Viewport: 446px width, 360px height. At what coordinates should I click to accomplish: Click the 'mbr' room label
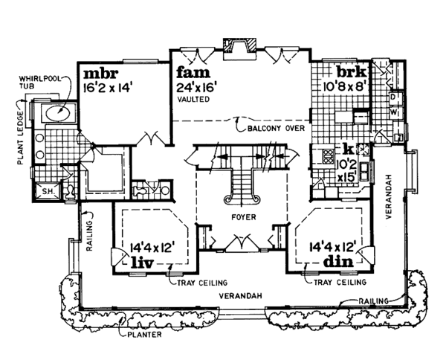point(99,74)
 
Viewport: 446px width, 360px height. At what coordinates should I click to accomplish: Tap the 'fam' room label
point(192,74)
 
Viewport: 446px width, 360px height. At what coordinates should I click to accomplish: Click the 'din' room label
point(337,263)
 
